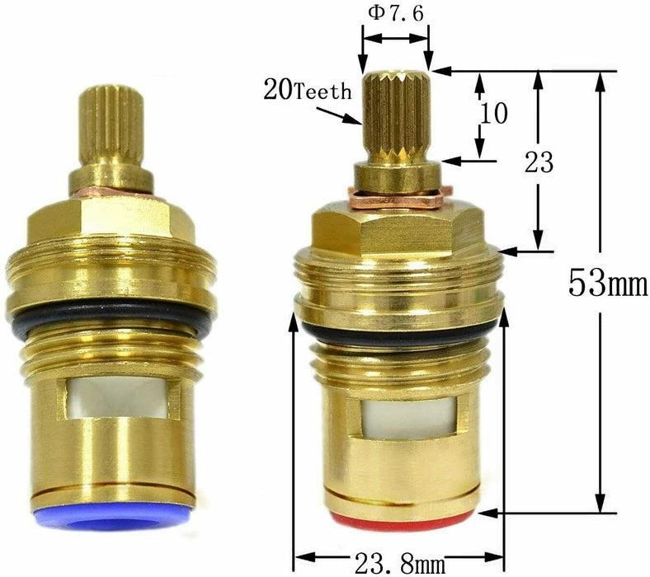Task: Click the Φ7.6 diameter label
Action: (x=396, y=14)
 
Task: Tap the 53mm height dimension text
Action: (x=608, y=283)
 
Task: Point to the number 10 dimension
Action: (x=493, y=113)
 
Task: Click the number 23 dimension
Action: (x=539, y=162)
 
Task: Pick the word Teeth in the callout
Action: (x=323, y=91)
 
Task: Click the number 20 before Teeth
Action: (x=279, y=90)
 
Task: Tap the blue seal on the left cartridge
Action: (x=113, y=516)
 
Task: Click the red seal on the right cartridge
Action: (x=401, y=521)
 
